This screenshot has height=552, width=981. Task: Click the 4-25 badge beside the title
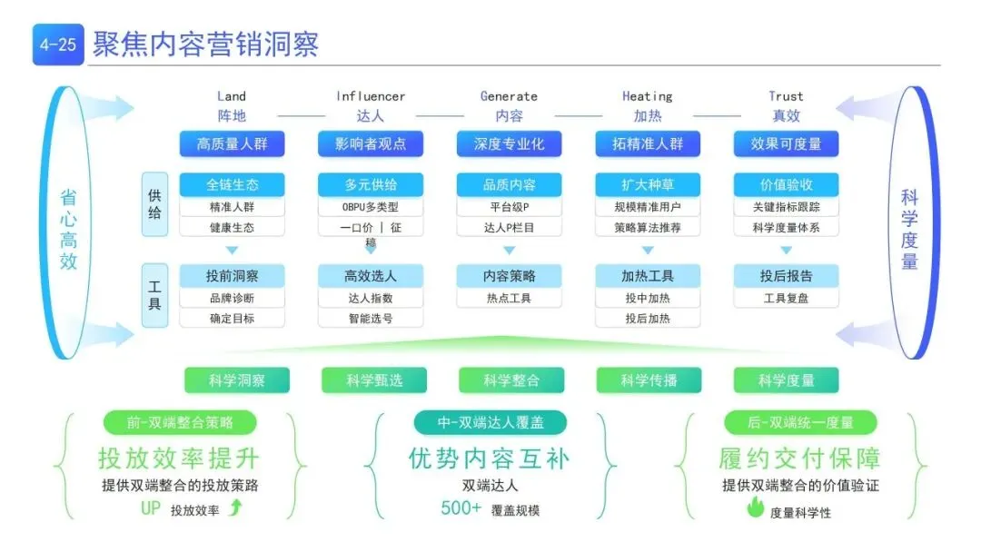point(58,44)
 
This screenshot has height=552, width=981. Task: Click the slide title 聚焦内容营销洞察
point(205,44)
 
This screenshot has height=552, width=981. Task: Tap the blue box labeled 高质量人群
point(232,143)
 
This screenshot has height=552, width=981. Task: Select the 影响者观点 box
point(371,143)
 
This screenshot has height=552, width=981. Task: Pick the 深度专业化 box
point(509,143)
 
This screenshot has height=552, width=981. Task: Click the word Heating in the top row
point(647,96)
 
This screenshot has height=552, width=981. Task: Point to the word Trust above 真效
point(786,96)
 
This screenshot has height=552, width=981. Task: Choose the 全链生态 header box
point(232,184)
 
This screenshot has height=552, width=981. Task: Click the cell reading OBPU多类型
point(371,206)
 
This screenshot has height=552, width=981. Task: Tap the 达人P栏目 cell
point(509,228)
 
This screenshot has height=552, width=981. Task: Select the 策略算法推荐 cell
point(648,228)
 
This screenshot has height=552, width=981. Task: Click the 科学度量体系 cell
point(786,228)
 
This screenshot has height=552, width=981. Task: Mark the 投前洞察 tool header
point(232,276)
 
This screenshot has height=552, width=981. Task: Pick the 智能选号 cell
point(371,319)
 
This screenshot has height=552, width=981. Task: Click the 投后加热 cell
point(648,319)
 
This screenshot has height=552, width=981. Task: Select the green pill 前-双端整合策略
point(180,422)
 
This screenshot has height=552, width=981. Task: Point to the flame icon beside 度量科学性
point(755,509)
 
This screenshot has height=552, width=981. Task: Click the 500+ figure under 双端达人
point(461,508)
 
